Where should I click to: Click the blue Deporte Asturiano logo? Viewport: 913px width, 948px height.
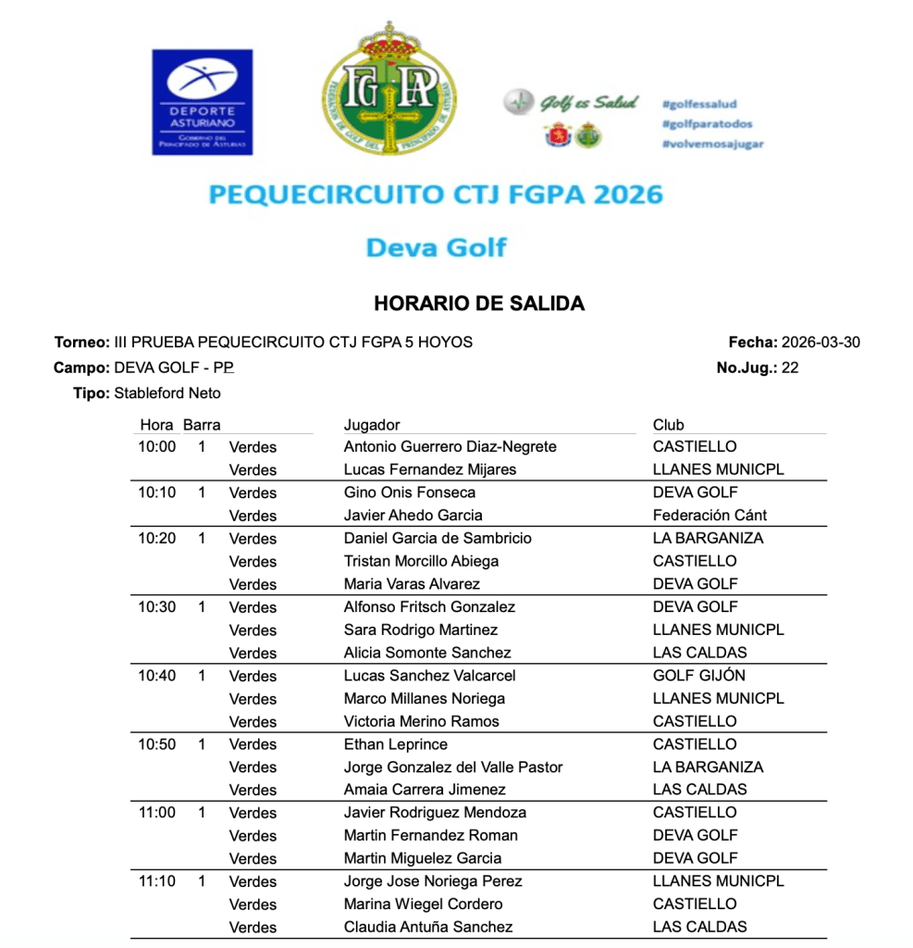click(x=202, y=102)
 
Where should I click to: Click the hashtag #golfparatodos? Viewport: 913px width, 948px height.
click(x=707, y=124)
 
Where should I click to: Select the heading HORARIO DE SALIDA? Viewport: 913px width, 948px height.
click(x=479, y=304)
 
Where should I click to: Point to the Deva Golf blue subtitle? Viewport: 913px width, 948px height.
click(x=436, y=248)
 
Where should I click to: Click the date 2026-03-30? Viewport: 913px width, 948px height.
click(x=820, y=343)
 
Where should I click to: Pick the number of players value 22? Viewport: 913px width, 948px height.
click(x=789, y=368)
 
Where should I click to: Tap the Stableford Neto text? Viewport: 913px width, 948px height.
click(x=167, y=393)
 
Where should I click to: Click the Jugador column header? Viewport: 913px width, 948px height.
click(x=372, y=425)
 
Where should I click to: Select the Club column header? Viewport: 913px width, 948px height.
click(x=668, y=425)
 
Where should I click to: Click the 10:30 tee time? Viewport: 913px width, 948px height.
click(x=157, y=607)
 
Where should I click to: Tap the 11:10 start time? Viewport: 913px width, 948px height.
click(x=157, y=881)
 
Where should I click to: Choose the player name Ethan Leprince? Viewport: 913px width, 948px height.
click(x=395, y=744)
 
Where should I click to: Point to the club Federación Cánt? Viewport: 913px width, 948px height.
click(x=709, y=516)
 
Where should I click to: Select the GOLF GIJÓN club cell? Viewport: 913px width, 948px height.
click(x=698, y=676)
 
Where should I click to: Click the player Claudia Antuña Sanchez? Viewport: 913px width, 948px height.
click(x=427, y=927)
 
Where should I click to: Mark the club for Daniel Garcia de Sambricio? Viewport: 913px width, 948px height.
click(x=708, y=538)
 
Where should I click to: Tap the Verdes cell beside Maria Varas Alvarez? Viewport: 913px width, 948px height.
click(x=253, y=584)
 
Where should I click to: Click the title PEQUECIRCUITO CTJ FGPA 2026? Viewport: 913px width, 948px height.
click(x=436, y=195)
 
